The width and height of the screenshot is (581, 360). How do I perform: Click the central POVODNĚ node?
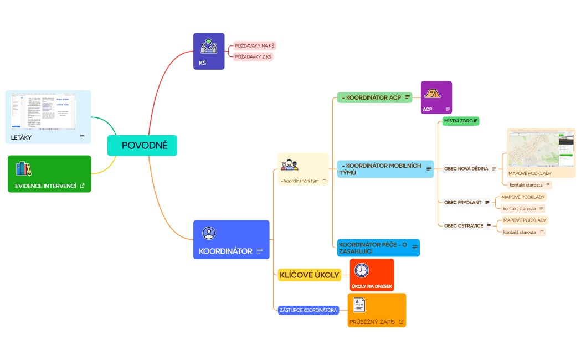point(142,146)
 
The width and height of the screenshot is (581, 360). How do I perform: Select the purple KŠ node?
point(209,51)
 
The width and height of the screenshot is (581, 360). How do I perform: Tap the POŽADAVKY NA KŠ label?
point(254,45)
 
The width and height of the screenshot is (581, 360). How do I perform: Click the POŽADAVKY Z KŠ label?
point(253,56)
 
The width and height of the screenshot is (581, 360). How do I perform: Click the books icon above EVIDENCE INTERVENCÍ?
point(24,168)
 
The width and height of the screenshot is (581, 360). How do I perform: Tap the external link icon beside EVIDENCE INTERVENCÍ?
point(83,186)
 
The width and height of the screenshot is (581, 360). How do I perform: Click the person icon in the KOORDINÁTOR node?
point(209,233)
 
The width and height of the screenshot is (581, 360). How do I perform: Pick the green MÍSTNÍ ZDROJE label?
point(461,121)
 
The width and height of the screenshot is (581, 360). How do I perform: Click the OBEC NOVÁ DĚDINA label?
point(466,169)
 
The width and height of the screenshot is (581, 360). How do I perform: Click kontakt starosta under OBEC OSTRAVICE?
point(520,232)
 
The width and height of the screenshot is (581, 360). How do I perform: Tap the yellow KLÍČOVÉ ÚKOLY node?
point(309,275)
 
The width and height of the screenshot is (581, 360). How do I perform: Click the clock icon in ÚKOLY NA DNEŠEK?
point(362,270)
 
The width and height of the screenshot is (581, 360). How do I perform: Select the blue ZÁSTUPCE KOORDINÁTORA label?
point(308,310)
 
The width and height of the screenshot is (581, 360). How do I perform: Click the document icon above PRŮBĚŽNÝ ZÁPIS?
point(360,305)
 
